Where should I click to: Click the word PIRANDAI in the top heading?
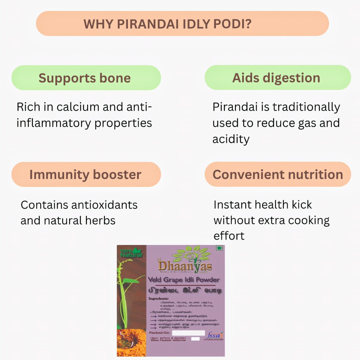(148, 24)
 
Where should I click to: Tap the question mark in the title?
(248, 24)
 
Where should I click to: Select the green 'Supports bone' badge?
(86, 78)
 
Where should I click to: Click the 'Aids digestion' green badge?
(278, 78)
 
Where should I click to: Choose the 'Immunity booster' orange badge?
(86, 174)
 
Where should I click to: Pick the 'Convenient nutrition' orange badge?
(278, 174)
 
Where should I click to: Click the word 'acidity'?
(231, 139)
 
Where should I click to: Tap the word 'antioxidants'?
(105, 205)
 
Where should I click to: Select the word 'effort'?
(229, 236)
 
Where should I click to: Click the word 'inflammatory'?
(54, 123)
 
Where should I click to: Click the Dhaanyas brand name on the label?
(185, 266)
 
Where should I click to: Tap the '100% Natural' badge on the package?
(131, 253)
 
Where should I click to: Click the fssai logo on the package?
(214, 335)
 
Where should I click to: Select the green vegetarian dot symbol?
(219, 248)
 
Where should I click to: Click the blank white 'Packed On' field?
(188, 333)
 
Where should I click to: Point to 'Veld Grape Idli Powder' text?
(184, 280)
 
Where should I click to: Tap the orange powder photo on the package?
(131, 343)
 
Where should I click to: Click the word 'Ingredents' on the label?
(159, 298)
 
